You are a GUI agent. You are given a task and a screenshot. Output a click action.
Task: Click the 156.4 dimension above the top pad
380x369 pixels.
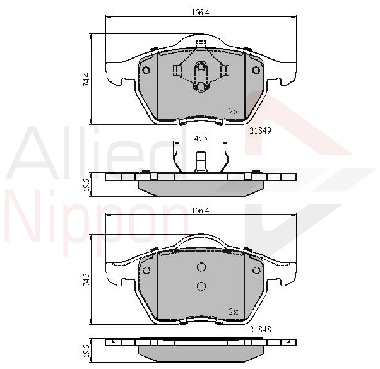[200, 13]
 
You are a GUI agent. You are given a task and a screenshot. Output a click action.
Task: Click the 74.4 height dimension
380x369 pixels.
[86, 79]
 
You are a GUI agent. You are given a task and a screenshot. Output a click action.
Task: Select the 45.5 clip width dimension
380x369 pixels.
[201, 139]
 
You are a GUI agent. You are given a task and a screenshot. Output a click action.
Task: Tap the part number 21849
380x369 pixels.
[260, 131]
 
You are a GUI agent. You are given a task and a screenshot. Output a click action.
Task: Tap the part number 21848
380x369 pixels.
[260, 329]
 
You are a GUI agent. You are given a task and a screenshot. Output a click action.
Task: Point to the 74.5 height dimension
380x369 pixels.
[86, 281]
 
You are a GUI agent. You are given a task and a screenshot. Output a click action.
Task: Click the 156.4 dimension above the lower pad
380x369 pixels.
[200, 211]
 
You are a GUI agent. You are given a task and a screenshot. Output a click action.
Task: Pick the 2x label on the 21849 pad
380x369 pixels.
[234, 112]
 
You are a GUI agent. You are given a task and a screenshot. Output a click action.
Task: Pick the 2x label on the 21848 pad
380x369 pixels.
[234, 312]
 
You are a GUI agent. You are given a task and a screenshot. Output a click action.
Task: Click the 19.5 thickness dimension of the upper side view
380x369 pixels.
[86, 186]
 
